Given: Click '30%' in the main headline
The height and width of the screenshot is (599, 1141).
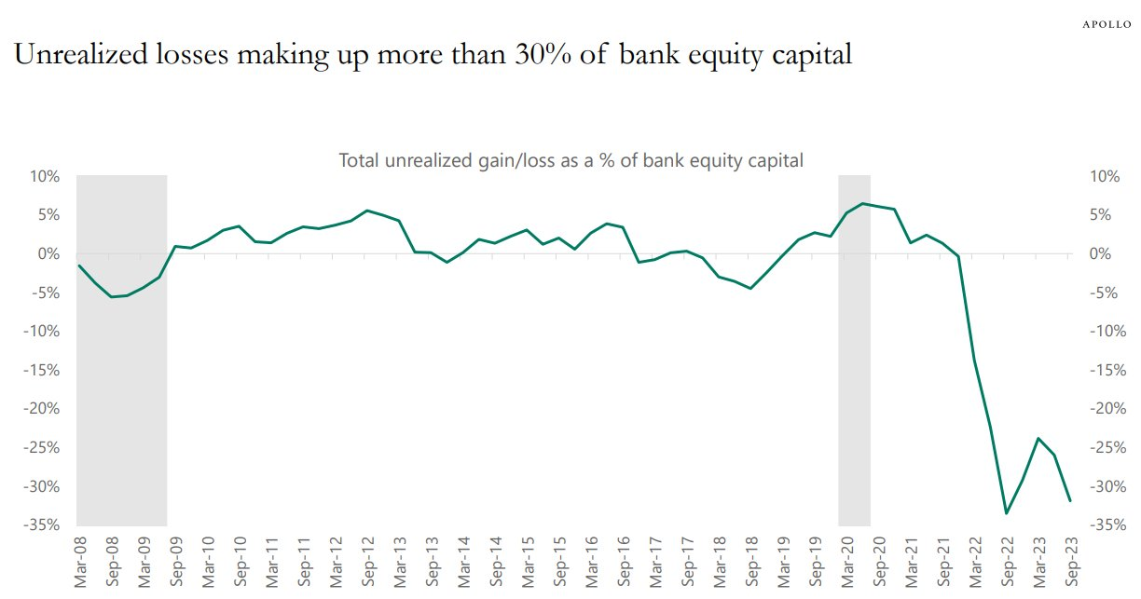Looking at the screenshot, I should (x=532, y=55).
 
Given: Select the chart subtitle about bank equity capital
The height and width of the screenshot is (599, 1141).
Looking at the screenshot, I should (x=570, y=160).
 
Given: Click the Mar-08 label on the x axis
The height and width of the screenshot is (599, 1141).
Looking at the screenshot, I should (x=80, y=563).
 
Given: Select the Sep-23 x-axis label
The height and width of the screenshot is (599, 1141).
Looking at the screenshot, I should (x=1070, y=563).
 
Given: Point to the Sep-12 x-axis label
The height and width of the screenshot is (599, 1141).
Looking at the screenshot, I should (x=367, y=563).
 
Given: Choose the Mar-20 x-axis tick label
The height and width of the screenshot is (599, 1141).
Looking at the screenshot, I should (x=846, y=563).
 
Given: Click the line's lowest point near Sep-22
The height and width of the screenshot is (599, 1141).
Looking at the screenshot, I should (x=1006, y=512).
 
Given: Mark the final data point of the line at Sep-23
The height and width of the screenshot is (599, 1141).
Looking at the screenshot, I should (x=1070, y=501).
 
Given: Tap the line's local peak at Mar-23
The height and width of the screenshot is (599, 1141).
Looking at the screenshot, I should (x=1038, y=438).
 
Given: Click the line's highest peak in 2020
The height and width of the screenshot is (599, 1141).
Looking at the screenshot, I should (x=862, y=203).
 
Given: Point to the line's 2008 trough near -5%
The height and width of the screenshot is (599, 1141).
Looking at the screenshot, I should (x=112, y=297).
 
